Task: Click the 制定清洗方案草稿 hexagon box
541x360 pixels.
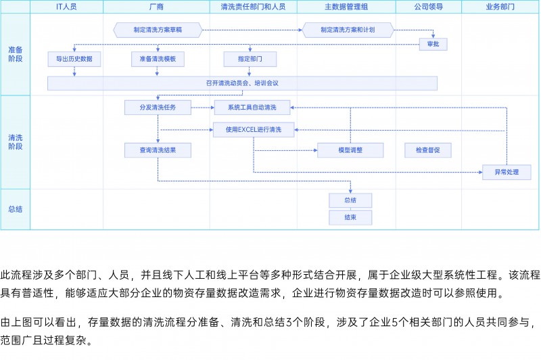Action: click(158, 30)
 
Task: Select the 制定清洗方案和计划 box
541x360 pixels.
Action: click(348, 30)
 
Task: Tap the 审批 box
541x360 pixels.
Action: click(433, 44)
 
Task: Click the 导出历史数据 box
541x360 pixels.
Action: click(74, 59)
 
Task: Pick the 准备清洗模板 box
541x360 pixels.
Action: click(158, 59)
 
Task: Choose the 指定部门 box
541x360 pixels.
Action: click(250, 59)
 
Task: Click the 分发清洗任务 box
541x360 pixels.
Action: click(158, 108)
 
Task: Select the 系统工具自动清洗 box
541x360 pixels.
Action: click(252, 108)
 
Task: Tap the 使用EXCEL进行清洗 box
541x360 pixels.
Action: click(254, 130)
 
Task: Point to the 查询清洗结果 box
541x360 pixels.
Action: click(158, 150)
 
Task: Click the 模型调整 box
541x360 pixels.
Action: click(350, 150)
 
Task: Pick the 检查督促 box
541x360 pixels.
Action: click(428, 150)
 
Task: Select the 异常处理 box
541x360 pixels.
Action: click(507, 173)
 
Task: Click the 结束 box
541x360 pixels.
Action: click(350, 217)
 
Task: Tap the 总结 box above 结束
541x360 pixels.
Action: click(350, 200)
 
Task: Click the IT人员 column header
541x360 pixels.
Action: click(66, 7)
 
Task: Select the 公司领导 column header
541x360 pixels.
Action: click(429, 7)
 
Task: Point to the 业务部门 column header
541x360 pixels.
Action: click(500, 7)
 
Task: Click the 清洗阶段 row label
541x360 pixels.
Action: click(15, 142)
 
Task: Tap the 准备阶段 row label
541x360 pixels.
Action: click(15, 54)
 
